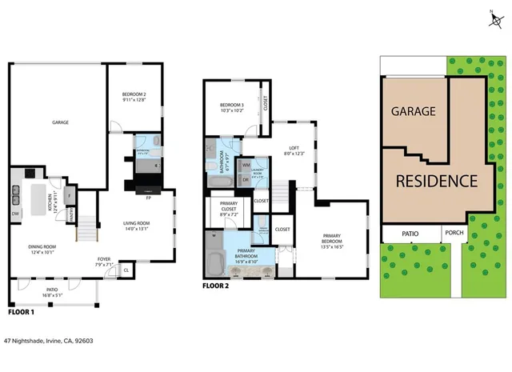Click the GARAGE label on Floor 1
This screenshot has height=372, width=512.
point(60,122)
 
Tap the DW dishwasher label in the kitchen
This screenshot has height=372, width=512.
point(14,214)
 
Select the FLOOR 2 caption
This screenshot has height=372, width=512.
point(216,286)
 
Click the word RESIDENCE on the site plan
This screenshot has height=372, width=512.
point(436,180)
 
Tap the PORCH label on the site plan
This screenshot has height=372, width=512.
point(452,234)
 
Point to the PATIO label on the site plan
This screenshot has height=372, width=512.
point(410,234)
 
